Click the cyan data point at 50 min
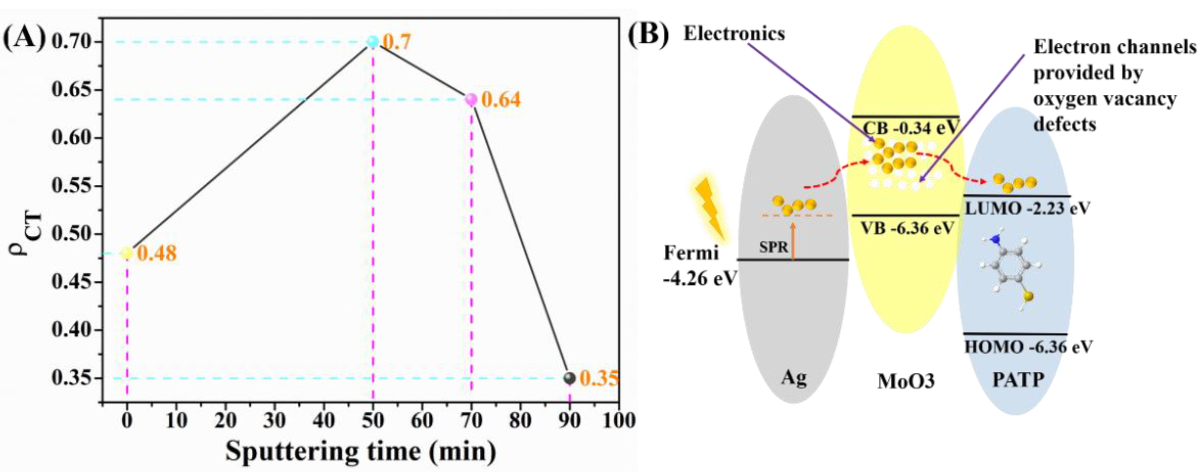[373, 42]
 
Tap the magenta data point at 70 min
[471, 100]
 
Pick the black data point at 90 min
[569, 378]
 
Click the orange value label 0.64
[500, 100]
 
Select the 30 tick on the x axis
[274, 421]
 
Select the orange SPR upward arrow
[793, 241]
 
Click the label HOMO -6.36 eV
[1028, 347]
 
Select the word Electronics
[734, 34]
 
